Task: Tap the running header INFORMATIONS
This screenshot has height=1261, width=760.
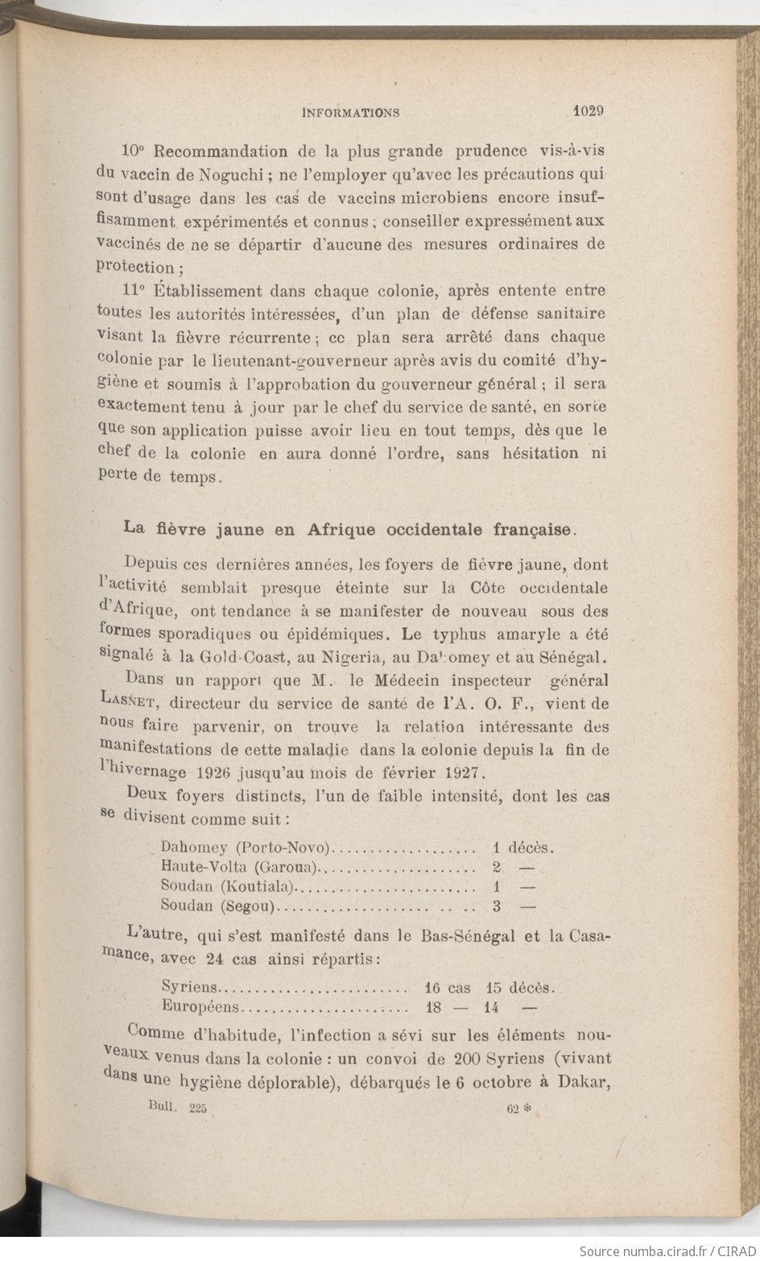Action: pyautogui.click(x=350, y=114)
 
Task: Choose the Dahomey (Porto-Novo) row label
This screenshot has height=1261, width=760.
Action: pyautogui.click(x=246, y=847)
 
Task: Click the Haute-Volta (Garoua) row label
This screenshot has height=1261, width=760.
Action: pyautogui.click(x=240, y=867)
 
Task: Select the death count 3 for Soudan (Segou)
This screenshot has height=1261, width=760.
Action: pyautogui.click(x=497, y=906)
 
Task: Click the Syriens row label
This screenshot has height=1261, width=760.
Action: pyautogui.click(x=189, y=987)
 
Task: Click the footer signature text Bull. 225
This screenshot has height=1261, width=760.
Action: pyautogui.click(x=178, y=1108)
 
